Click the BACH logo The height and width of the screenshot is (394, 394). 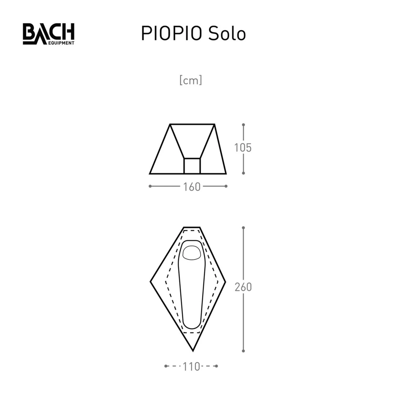(49, 34)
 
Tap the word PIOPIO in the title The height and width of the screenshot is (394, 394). (171, 34)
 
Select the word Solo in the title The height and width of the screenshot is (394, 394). (227, 34)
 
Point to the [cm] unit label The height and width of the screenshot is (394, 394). (191, 80)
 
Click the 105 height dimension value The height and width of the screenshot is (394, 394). (243, 148)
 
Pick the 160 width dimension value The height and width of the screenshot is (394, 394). (192, 187)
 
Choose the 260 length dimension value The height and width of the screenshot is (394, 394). (243, 287)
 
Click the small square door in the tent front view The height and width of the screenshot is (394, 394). (192, 166)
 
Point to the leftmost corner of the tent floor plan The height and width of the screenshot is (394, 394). (151, 282)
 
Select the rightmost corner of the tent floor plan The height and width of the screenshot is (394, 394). (225, 282)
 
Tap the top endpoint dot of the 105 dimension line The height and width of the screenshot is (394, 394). (243, 125)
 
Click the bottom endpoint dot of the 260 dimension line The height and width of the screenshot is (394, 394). (243, 351)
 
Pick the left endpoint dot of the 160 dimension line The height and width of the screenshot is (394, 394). (150, 186)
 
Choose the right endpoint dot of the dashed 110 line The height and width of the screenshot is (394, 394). (216, 366)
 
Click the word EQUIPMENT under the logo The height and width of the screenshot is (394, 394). (61, 43)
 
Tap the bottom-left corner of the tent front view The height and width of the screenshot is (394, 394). (150, 174)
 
